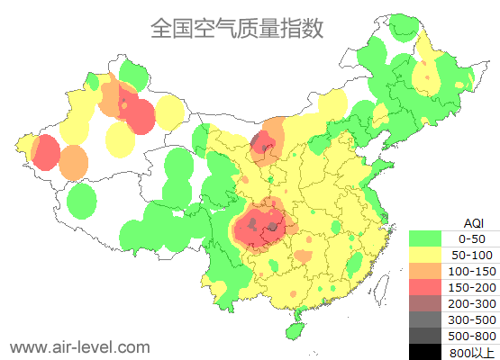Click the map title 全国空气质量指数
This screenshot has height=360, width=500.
[x=236, y=28]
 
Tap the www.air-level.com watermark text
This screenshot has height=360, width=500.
[x=79, y=346]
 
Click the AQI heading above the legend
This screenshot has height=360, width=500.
[x=472, y=222]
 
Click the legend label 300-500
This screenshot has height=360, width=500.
[x=472, y=319]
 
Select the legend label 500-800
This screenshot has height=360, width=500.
[x=472, y=336]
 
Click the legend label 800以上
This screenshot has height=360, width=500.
[x=472, y=352]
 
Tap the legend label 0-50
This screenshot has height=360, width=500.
[x=472, y=238]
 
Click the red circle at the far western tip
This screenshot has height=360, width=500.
[x=44, y=151]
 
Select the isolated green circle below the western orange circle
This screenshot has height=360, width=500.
[x=81, y=201]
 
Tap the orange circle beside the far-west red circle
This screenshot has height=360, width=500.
[x=74, y=162]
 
